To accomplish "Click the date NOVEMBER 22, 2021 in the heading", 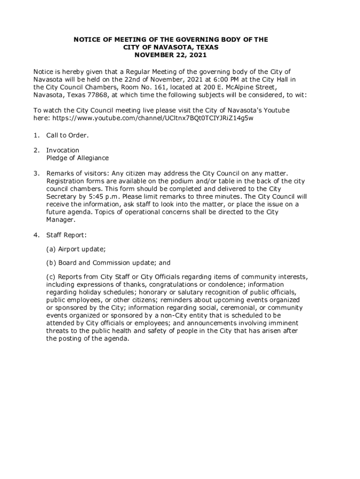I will point(171,55).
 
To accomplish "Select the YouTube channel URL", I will point(153,118).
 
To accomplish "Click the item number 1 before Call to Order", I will point(36,135).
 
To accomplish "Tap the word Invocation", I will point(63,150).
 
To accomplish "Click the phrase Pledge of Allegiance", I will point(77,158).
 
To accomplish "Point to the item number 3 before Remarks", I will point(36,173).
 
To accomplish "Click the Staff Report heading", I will point(66,234).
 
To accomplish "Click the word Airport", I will point(70,249).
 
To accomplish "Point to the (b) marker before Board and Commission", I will point(51,263).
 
